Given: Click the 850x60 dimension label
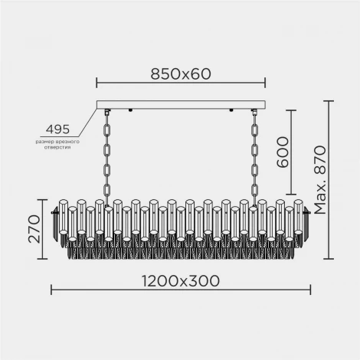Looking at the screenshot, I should [x=180, y=74].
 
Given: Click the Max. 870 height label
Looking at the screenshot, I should [x=319, y=178].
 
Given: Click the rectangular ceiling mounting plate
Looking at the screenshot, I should [x=180, y=106].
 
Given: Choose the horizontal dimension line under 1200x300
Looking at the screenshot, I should [x=180, y=290].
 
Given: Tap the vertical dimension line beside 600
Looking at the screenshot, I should [x=293, y=152].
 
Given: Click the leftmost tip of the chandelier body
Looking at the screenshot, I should [x=52, y=213].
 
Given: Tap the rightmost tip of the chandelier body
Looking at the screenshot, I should [x=309, y=213].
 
